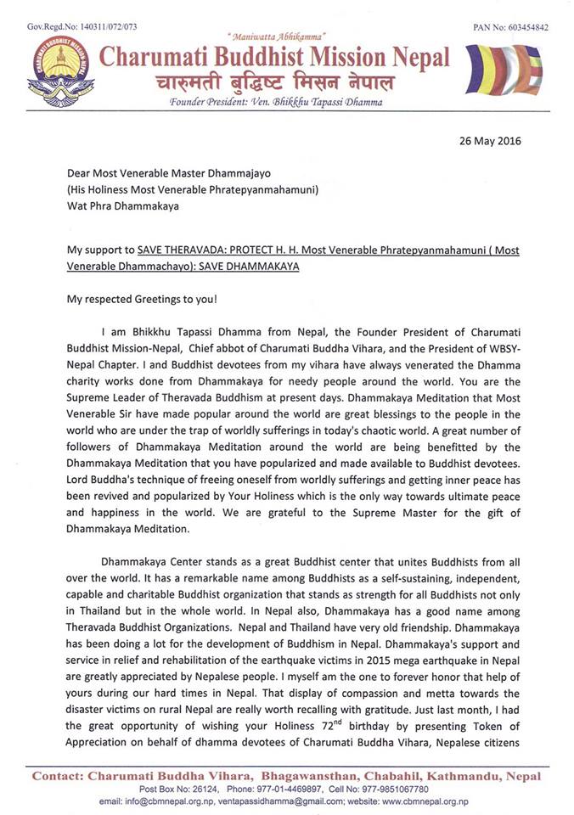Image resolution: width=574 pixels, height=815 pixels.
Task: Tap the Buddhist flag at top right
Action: click(x=507, y=70)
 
